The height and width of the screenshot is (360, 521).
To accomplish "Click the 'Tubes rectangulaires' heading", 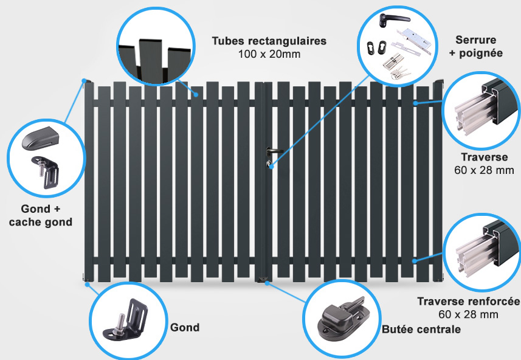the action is (269, 41).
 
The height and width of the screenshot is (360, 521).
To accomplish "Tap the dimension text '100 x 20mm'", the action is (269, 54).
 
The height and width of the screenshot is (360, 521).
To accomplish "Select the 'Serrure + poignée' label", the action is (476, 46).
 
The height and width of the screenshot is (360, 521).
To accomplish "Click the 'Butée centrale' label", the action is (421, 330).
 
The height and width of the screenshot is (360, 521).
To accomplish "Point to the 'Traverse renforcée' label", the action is (469, 301).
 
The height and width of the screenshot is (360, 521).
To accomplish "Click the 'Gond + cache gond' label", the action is (41, 215).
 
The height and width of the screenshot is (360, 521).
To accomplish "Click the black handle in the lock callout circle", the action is (393, 19).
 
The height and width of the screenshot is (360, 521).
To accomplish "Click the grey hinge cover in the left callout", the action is (40, 138).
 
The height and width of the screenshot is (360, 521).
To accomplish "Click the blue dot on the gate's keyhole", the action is (271, 165).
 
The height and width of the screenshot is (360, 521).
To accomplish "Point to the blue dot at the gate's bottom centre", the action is (267, 283).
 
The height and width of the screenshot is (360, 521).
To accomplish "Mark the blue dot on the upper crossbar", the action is (416, 103).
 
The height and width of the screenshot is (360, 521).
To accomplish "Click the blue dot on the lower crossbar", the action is (415, 261).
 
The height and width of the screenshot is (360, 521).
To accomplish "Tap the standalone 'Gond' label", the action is (185, 327).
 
